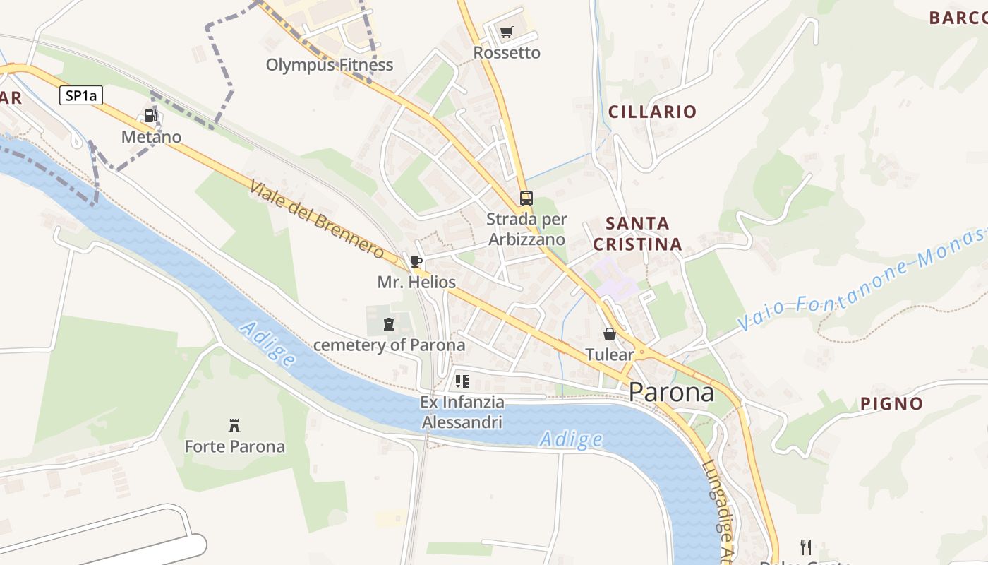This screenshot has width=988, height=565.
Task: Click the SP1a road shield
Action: click(81, 96)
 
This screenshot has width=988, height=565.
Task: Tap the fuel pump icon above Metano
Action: click(150, 116)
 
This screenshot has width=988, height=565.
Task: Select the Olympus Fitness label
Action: click(329, 65)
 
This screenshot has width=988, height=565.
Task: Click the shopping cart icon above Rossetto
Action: click(506, 32)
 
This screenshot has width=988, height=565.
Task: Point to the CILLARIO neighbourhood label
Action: click(652, 112)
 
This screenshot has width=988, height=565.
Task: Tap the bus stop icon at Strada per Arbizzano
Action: click(526, 198)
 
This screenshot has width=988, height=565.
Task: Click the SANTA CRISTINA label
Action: click(637, 234)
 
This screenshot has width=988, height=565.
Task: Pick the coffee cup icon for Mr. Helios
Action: click(416, 262)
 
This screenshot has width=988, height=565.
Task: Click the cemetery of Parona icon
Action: click(388, 324)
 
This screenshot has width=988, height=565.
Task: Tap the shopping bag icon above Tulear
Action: click(609, 334)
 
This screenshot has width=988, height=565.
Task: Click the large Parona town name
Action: click(671, 392)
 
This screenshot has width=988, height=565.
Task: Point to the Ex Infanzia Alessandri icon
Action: click(462, 381)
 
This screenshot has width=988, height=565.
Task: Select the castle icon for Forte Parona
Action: click(234, 425)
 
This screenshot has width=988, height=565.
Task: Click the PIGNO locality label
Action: click(891, 404)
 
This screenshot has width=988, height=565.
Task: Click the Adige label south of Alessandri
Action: click(571, 440)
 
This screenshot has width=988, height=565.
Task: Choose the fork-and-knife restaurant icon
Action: click(805, 547)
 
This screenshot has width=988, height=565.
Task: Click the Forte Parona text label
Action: click(234, 446)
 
